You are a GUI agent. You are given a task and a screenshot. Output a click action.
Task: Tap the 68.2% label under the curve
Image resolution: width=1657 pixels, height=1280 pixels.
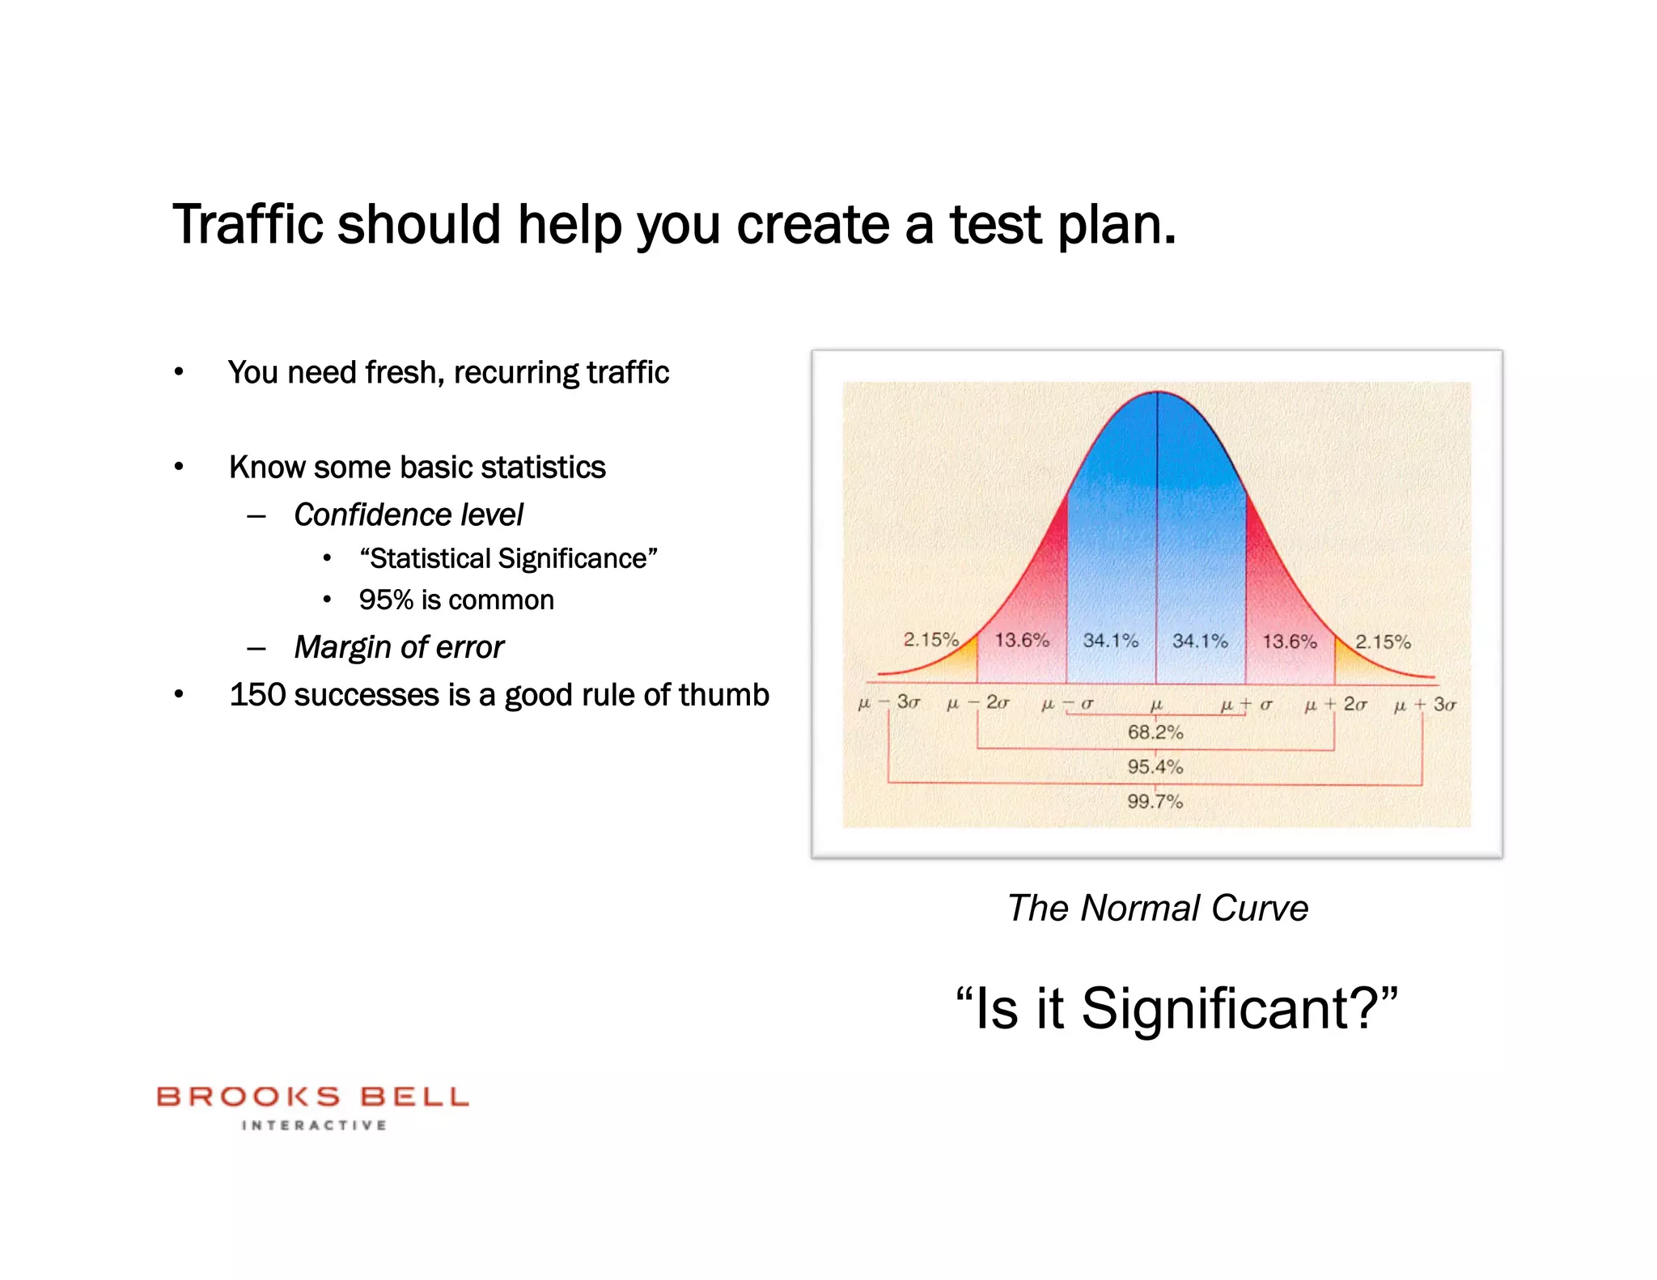click(x=1155, y=732)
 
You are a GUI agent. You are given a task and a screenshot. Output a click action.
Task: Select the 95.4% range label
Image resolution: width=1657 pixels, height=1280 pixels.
click(x=1155, y=766)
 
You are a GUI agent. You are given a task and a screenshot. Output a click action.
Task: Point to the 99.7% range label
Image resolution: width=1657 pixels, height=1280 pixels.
click(x=1155, y=801)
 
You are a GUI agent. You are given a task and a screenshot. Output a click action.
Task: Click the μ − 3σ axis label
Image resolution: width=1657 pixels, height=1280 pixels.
click(x=888, y=703)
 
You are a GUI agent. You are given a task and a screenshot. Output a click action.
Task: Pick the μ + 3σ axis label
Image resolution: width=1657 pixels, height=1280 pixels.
click(x=1424, y=705)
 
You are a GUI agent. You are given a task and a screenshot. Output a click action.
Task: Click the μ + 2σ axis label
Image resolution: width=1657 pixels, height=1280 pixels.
click(x=1335, y=705)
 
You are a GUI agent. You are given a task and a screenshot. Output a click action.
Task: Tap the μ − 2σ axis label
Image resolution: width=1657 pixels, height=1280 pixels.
click(x=977, y=704)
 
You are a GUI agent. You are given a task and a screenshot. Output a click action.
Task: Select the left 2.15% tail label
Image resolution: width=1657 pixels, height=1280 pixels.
click(x=930, y=639)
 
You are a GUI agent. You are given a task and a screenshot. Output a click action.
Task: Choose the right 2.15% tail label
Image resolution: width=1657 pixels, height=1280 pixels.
click(x=1383, y=642)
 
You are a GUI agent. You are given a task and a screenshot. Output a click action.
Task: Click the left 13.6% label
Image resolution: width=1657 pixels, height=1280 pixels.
click(x=1022, y=640)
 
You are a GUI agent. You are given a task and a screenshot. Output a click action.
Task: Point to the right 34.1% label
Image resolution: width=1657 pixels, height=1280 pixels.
click(x=1200, y=641)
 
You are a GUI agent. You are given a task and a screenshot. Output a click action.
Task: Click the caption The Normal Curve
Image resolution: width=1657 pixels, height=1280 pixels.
click(x=1157, y=908)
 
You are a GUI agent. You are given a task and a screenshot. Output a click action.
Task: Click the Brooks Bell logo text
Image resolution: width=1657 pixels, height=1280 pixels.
click(x=312, y=1096)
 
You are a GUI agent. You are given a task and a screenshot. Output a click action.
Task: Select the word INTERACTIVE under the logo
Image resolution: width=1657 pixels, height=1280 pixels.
click(x=314, y=1125)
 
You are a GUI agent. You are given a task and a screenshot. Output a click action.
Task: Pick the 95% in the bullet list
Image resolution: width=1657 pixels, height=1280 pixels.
click(x=386, y=600)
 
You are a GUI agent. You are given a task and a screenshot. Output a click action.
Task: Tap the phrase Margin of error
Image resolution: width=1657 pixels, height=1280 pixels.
click(x=399, y=647)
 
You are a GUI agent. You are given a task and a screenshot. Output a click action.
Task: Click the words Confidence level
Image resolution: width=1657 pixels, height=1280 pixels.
click(x=409, y=515)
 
